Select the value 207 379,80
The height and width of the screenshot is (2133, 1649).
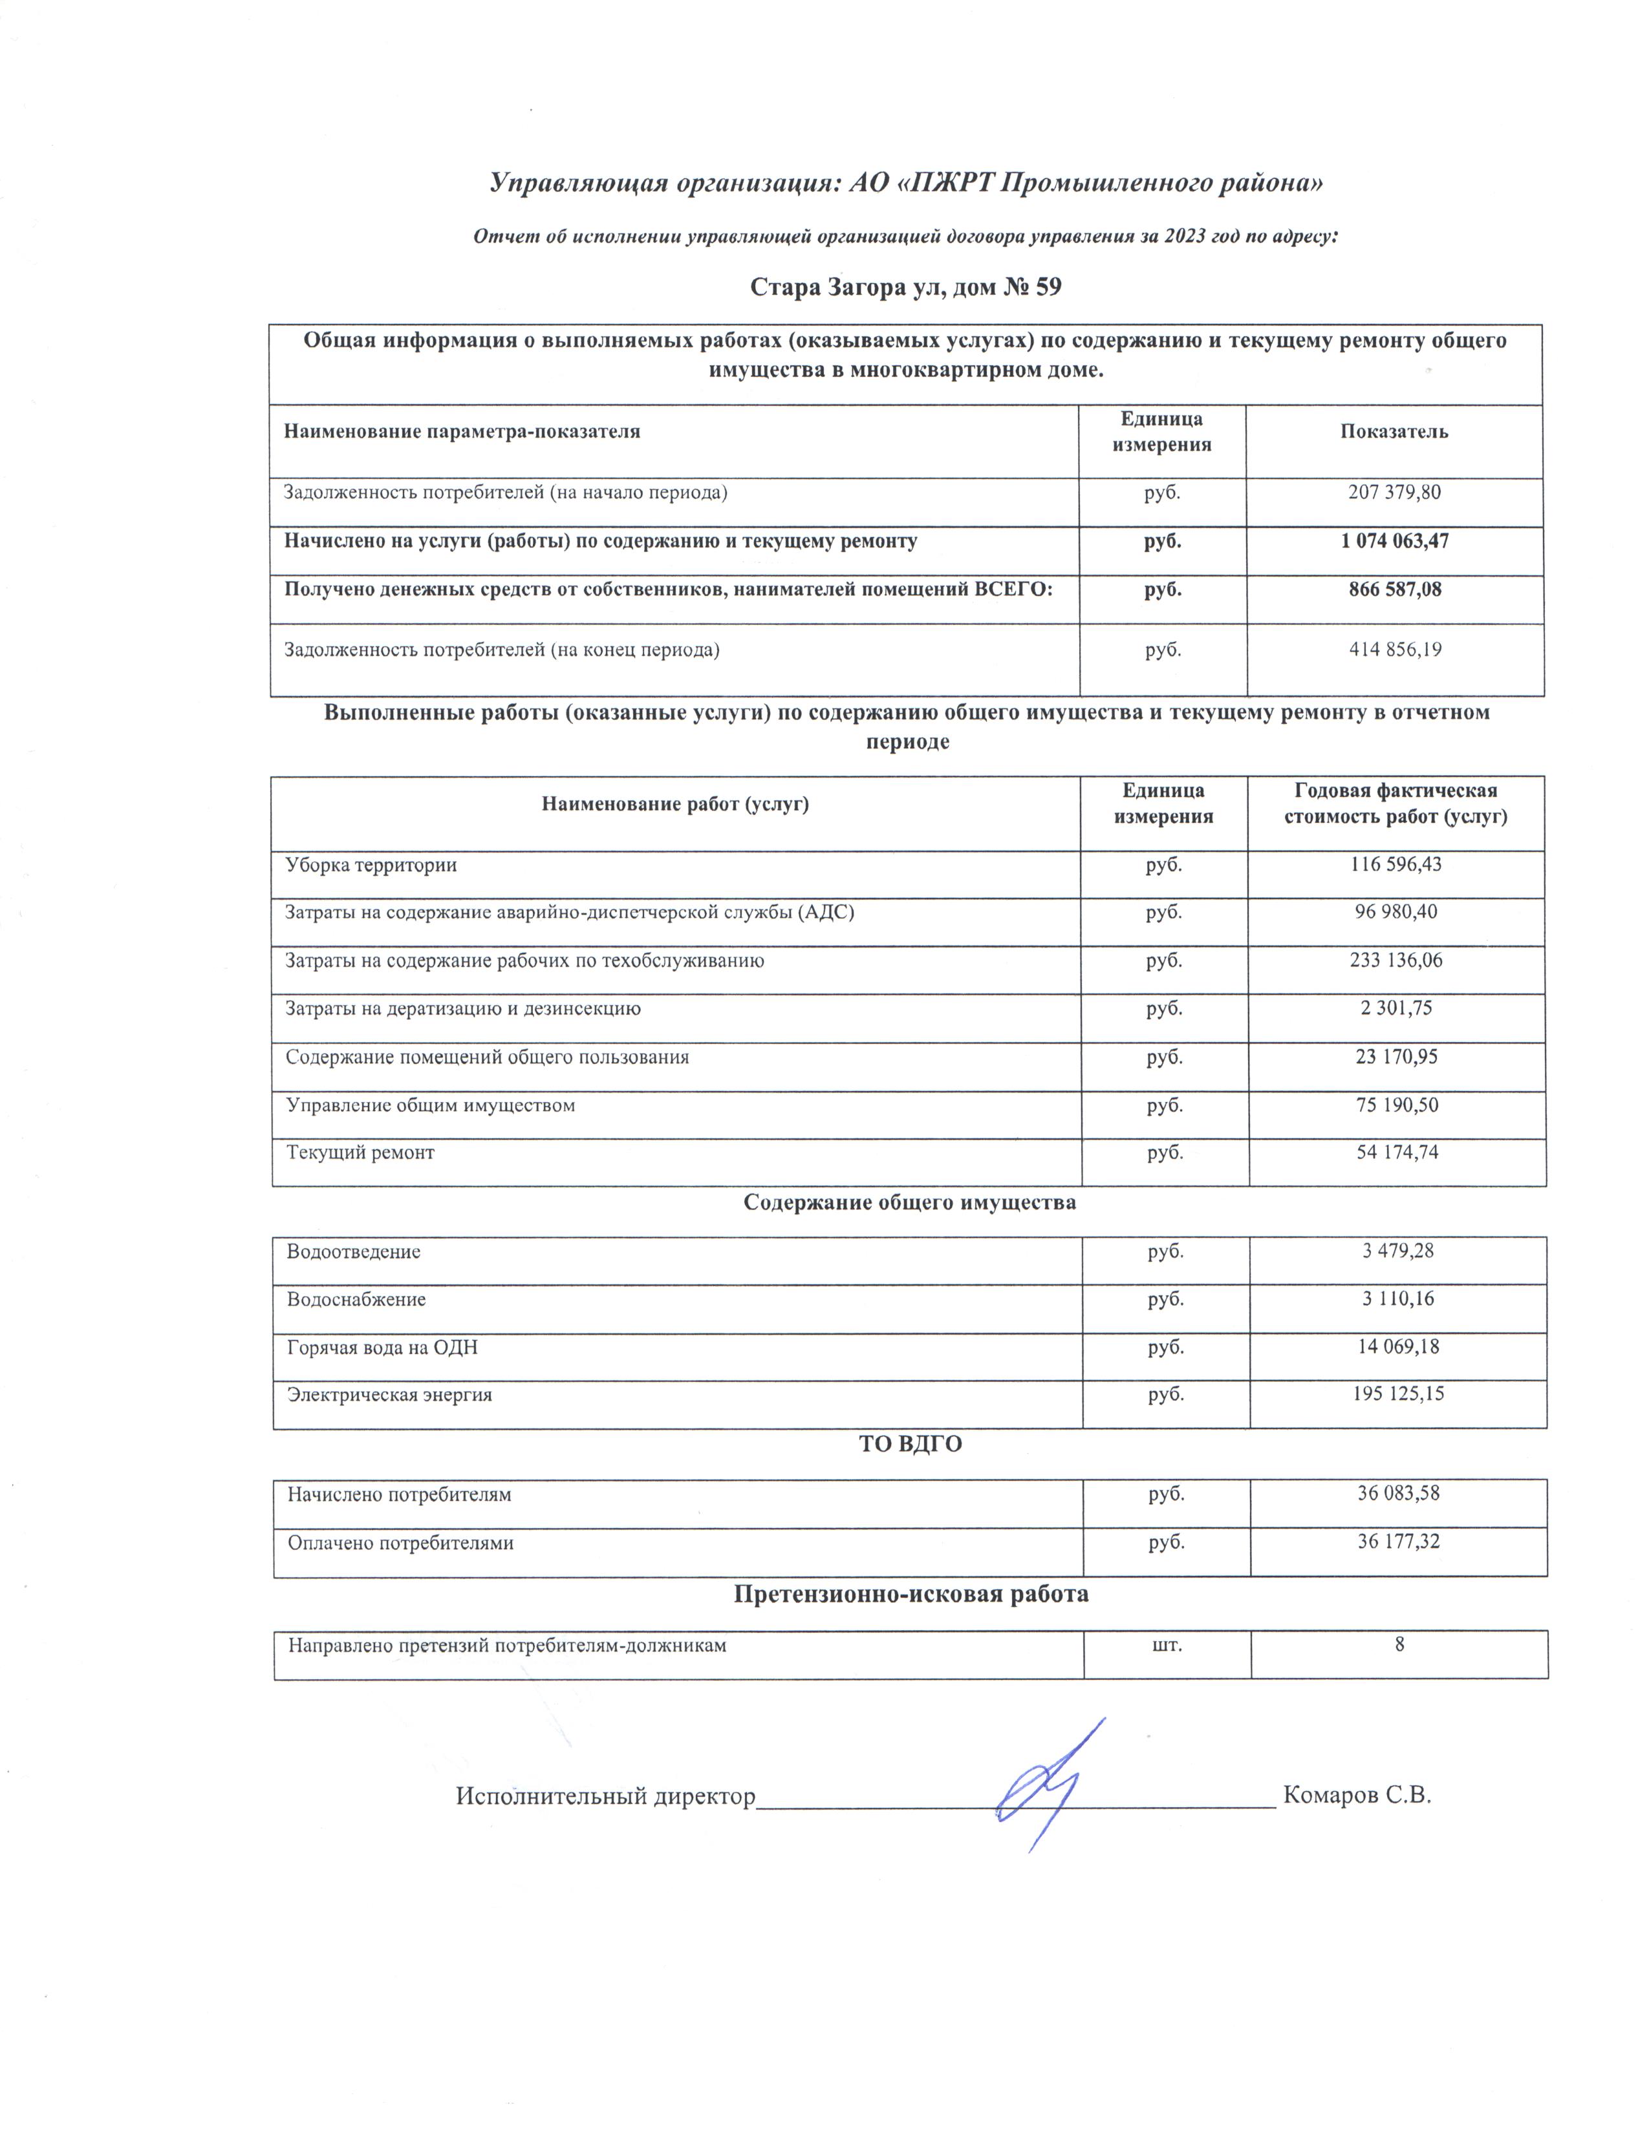coord(1394,493)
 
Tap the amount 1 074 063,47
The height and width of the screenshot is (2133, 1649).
coord(1394,541)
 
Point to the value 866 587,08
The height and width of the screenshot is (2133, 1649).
coord(1394,590)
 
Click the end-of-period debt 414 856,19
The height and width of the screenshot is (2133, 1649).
coord(1395,650)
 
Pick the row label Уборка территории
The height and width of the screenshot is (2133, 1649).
coord(371,865)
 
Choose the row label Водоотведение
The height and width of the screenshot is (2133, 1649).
coord(354,1252)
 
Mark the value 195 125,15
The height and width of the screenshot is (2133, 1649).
coord(1398,1395)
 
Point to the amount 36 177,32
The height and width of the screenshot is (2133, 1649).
coord(1398,1542)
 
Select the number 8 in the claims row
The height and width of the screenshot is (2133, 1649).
coord(1399,1645)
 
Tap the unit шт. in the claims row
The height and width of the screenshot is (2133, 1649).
coord(1167,1646)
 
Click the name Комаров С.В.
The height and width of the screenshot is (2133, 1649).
coord(1356,1795)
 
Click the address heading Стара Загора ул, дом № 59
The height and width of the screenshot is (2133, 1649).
coord(905,287)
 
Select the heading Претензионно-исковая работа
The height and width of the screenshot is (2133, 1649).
coord(911,1594)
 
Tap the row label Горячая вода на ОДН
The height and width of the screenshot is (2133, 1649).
coord(382,1348)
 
